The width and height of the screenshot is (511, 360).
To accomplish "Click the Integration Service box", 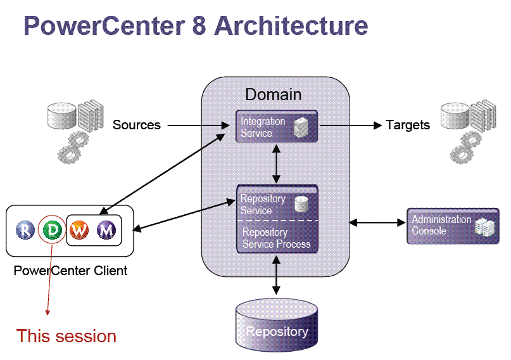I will [x=276, y=126].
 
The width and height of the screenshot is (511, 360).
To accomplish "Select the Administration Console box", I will [x=452, y=226].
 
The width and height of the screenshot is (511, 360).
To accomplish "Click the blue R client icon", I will [x=25, y=229].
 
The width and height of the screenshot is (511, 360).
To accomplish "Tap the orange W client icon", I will [x=79, y=229].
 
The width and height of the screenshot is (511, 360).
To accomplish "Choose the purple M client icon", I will [x=106, y=229].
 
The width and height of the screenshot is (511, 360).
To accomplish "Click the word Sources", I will [x=136, y=125].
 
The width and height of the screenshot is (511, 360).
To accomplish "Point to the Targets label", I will [x=407, y=125].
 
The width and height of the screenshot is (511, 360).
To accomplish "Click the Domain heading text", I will [x=274, y=94].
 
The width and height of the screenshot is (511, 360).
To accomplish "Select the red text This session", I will [x=66, y=335].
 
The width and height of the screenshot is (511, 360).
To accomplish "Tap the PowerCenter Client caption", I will [x=70, y=271].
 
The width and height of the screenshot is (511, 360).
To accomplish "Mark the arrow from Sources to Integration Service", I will [x=198, y=125].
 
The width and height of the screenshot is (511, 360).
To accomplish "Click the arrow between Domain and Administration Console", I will [x=377, y=222].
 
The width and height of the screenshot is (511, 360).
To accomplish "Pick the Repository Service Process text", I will [x=276, y=238].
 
